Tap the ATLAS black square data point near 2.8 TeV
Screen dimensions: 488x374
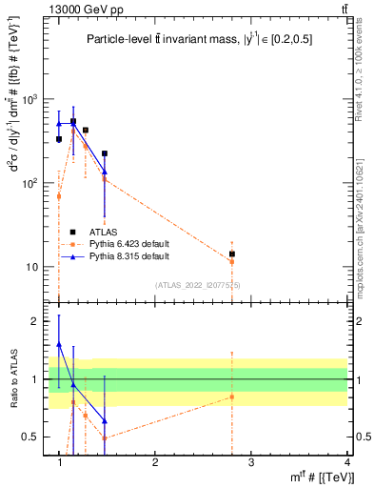231,254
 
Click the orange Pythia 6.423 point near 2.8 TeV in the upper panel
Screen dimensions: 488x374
231,261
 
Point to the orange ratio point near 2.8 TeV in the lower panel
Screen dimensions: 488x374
231,396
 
